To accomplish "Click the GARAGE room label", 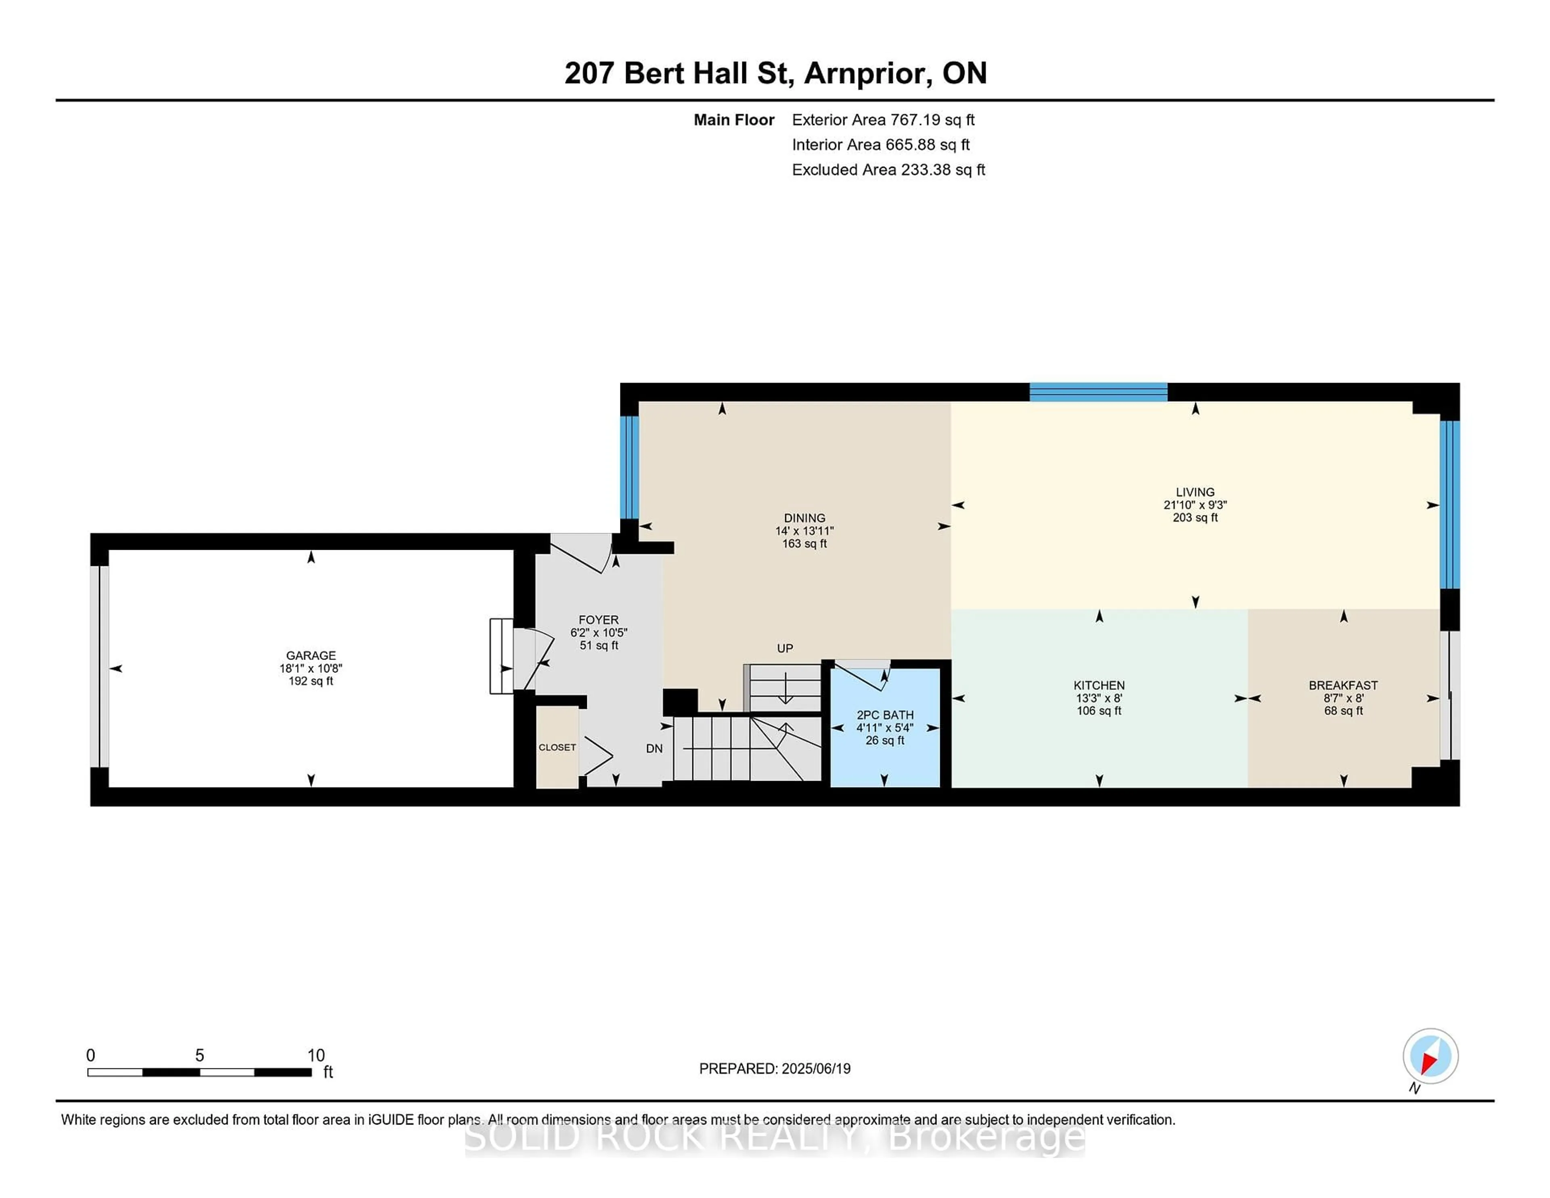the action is coord(311,655).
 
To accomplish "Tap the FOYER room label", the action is coord(598,620).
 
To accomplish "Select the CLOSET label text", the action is coord(557,747).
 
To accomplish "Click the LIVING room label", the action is coord(1195,492).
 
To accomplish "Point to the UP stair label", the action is coord(785,648).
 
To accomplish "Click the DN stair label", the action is coord(654,748).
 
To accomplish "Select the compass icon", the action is coord(1430,1056).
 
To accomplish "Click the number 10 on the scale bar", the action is coord(316,1056).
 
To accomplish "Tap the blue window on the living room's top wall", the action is coord(1099,392).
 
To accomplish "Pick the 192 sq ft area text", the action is coord(311,681).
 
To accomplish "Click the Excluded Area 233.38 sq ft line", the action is coord(888,170).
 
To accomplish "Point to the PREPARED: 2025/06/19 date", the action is coord(775,1068).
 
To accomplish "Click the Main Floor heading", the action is coord(734,120).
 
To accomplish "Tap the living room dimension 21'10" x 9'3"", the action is coord(1195,505).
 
